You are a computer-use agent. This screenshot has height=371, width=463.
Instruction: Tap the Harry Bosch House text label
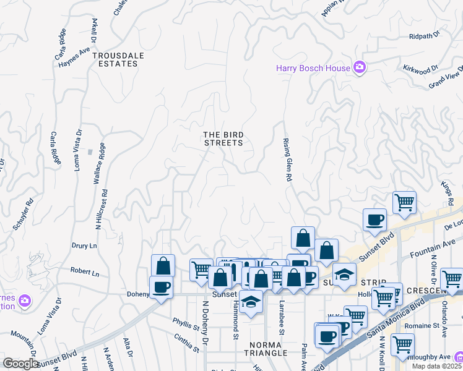313,68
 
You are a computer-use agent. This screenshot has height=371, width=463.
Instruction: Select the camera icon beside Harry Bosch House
359,68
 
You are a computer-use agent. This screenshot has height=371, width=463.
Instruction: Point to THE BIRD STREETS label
223,139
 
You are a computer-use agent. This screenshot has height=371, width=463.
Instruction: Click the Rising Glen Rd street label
287,160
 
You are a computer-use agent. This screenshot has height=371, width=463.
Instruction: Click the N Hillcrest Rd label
106,210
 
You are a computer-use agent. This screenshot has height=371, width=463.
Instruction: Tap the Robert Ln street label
84,271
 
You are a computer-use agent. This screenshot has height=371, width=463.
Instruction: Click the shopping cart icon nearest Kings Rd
404,202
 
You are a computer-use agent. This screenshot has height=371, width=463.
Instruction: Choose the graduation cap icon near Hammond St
250,302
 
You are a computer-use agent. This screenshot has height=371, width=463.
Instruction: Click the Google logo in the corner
20,364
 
